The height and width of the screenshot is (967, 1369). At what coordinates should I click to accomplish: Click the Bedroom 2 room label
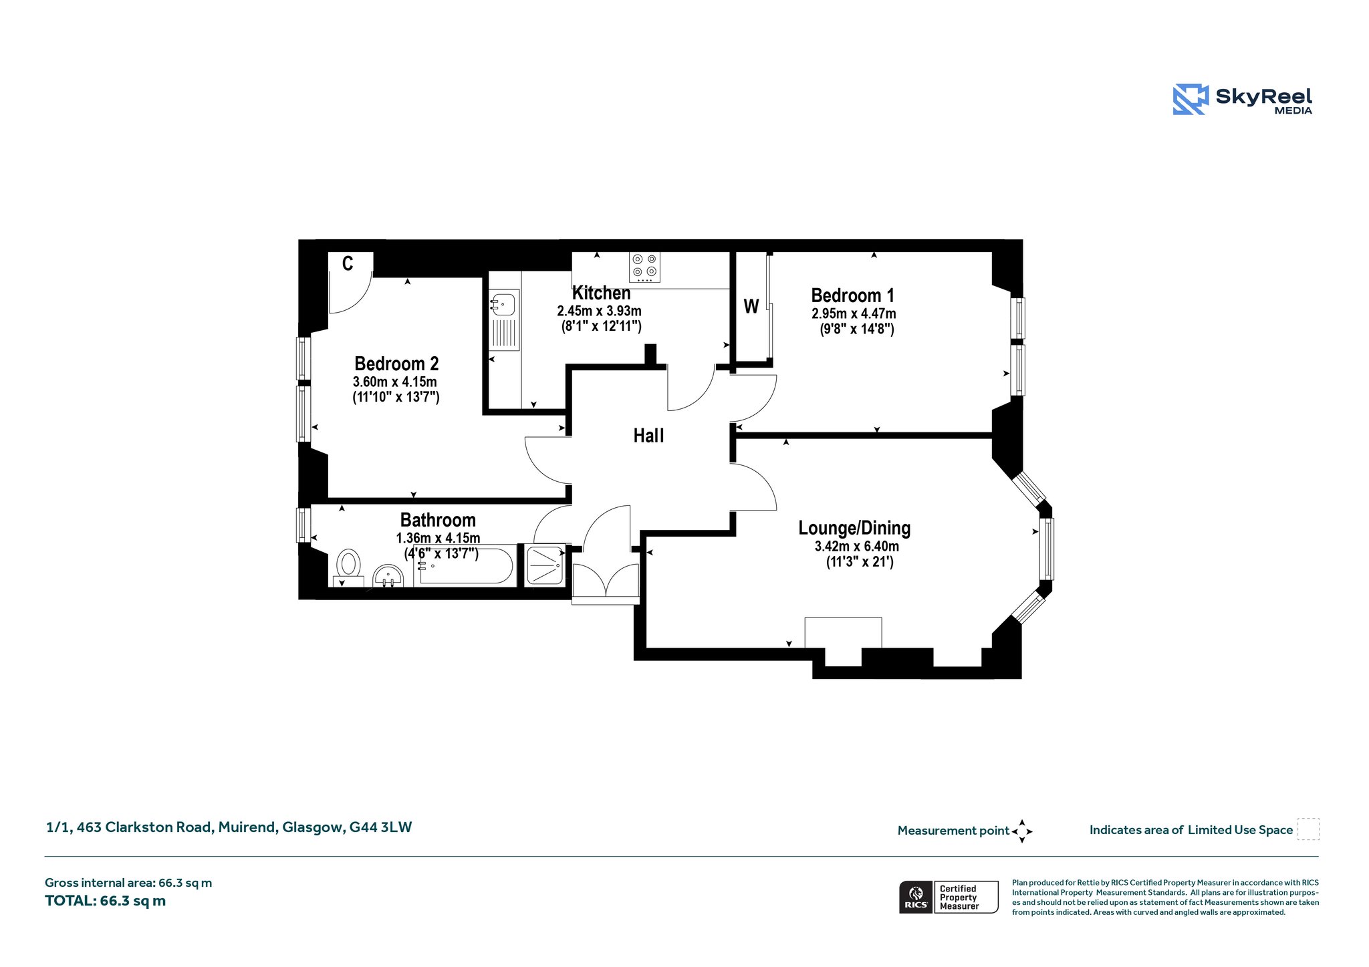coord(396,364)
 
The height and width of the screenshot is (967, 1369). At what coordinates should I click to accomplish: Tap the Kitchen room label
coord(601,293)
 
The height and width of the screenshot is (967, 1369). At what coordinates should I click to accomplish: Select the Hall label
coord(648,436)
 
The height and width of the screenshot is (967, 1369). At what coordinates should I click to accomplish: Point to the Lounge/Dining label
coord(854,528)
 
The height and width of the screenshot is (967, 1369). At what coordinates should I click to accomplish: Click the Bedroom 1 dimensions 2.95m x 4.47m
coord(854,313)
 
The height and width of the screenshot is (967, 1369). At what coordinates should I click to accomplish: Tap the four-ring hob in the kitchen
coord(644,267)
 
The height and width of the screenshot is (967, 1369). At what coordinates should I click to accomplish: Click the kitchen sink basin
coord(503,304)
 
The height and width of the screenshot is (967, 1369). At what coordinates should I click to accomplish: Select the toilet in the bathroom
coord(348,567)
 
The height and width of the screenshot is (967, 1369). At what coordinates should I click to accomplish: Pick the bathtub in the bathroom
coord(465,567)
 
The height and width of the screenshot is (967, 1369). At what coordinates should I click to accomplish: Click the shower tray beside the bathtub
coord(545,566)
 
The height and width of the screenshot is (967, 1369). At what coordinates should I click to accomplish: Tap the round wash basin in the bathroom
coord(388,575)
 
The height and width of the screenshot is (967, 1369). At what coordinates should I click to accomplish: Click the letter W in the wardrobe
coord(751,306)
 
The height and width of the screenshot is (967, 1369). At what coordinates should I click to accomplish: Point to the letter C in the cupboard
coord(348,264)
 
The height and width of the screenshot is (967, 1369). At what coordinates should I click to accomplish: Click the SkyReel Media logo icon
coord(1191,100)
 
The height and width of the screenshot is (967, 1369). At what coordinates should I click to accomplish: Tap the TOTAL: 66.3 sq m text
coord(105,901)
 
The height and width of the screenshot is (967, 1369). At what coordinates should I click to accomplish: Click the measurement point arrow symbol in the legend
coord(1022,831)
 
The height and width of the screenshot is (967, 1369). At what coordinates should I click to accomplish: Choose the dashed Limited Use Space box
coord(1308,829)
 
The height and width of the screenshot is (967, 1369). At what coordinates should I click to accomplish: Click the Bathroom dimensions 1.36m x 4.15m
coord(438,538)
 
